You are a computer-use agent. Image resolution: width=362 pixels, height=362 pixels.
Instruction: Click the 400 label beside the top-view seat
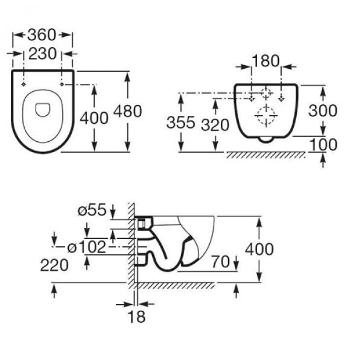point(95,118)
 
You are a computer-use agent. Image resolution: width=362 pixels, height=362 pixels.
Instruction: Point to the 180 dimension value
point(267,61)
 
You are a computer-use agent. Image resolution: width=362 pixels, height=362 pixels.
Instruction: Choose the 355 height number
point(181,124)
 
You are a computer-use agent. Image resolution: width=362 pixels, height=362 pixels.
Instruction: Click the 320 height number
point(217,124)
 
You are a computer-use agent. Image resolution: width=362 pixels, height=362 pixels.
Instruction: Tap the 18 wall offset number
point(137,316)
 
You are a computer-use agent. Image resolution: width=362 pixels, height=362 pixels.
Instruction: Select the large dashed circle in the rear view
point(266,115)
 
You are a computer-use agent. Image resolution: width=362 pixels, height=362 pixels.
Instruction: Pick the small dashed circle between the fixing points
point(266,94)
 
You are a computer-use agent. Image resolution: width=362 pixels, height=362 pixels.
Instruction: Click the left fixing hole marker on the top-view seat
point(24,85)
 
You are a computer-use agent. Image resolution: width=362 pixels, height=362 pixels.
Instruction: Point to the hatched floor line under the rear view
point(265,155)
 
